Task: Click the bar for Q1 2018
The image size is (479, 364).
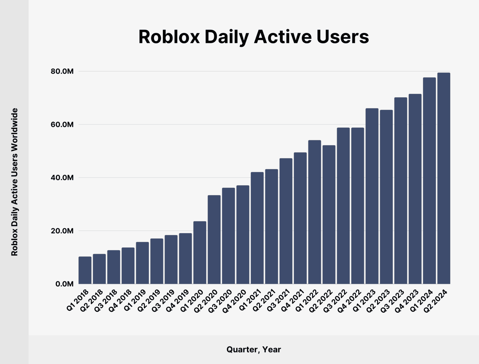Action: [x=85, y=270]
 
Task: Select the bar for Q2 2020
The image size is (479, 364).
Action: [x=214, y=239]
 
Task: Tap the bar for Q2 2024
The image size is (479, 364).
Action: [x=444, y=178]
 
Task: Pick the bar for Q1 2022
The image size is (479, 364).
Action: [x=315, y=212]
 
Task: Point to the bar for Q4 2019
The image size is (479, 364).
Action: [x=185, y=259]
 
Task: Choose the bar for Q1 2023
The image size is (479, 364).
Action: [x=372, y=196]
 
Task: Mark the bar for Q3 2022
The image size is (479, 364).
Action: [x=343, y=206]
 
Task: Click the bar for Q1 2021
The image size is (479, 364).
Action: [x=257, y=228]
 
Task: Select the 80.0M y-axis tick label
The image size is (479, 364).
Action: [x=62, y=72]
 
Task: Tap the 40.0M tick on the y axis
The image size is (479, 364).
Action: [x=62, y=178]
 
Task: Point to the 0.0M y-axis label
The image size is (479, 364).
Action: [x=64, y=284]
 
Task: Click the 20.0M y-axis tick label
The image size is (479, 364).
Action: [x=62, y=231]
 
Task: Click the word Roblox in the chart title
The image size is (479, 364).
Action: [x=169, y=37]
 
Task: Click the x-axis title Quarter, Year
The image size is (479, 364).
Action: [x=254, y=349]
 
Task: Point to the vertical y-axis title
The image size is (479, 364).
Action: [x=15, y=182]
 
